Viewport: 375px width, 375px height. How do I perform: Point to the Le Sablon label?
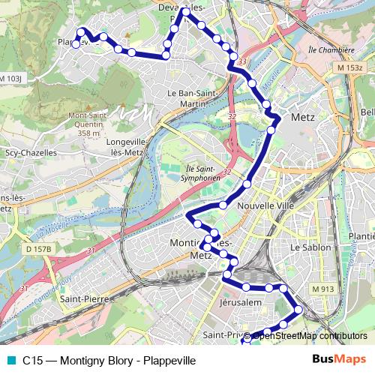point(305,246)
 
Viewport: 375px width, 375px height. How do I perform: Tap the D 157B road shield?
point(40,248)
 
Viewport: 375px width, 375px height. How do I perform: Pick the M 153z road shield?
point(349,68)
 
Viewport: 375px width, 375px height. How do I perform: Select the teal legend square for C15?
point(9,360)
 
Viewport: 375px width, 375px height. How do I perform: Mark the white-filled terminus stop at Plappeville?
point(76,44)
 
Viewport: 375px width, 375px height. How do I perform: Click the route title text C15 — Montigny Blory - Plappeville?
point(109,361)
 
